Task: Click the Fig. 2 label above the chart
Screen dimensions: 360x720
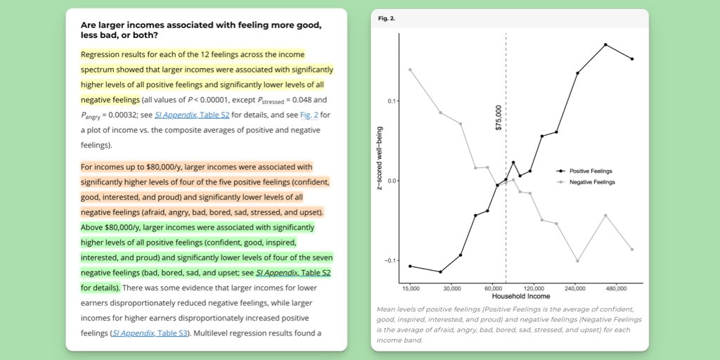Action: click(x=386, y=18)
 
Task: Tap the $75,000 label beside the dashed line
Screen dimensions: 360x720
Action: click(x=499, y=118)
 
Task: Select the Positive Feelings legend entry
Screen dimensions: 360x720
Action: click(x=591, y=171)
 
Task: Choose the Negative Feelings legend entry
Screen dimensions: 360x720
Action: click(x=591, y=182)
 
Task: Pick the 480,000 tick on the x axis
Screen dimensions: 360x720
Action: click(x=616, y=288)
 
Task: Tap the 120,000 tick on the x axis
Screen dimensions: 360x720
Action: click(x=534, y=288)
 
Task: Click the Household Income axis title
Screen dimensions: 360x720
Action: click(x=516, y=297)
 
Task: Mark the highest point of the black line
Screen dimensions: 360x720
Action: click(x=605, y=45)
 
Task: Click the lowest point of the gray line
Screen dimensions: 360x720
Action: click(x=578, y=261)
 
